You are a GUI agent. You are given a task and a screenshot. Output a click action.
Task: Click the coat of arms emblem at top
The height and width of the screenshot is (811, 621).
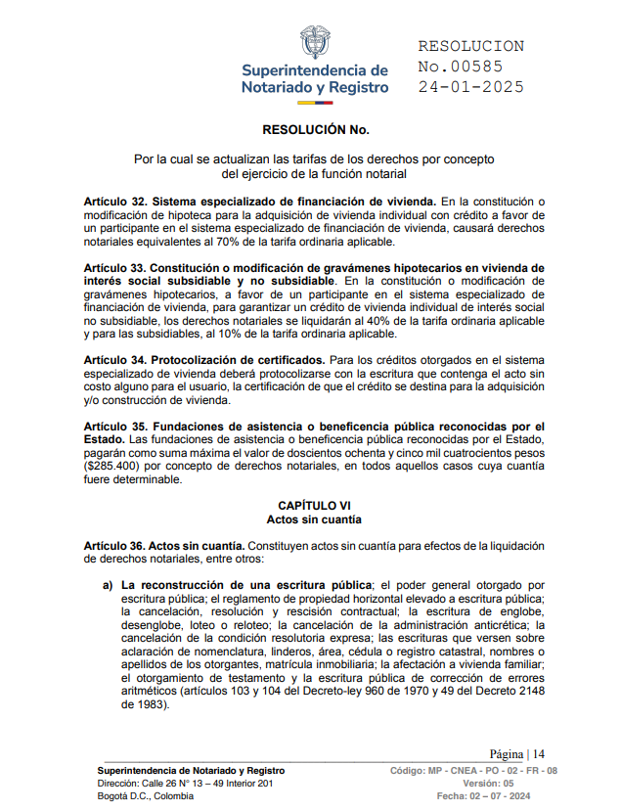tap(315, 43)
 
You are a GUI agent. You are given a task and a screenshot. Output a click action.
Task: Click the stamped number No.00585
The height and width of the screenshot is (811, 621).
tap(460, 67)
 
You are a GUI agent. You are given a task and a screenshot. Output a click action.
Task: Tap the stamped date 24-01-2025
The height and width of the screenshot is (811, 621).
tap(470, 86)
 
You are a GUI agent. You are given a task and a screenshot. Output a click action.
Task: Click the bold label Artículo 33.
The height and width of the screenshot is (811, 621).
tap(115, 267)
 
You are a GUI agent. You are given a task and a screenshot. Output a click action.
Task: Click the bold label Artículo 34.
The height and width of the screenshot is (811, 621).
tap(115, 360)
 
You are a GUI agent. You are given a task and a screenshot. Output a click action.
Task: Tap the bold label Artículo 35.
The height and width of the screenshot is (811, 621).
tap(115, 427)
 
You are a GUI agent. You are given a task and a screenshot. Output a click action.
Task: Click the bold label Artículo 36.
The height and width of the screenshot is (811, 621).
tap(115, 545)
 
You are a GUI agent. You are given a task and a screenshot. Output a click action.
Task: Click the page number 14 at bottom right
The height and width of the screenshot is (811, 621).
tap(538, 754)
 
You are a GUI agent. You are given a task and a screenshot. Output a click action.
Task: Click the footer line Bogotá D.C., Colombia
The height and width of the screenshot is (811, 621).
tap(146, 796)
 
